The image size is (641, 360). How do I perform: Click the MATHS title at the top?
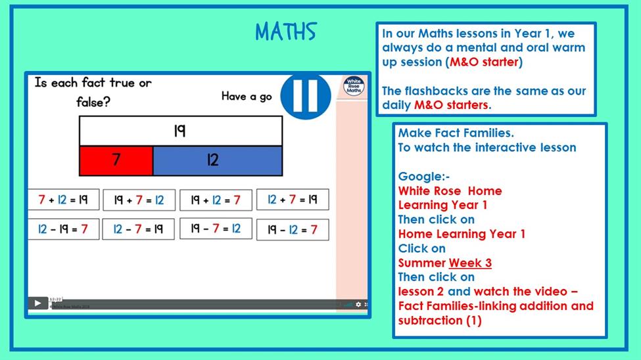tap(286, 32)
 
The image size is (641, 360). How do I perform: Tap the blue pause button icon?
tap(305, 97)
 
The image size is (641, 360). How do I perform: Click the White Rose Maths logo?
tap(354, 86)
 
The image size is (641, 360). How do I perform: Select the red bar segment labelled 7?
tap(116, 160)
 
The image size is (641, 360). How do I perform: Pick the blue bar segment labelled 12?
tap(218, 160)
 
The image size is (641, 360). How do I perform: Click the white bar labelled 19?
tap(181, 131)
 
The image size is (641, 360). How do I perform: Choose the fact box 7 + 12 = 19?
tap(63, 200)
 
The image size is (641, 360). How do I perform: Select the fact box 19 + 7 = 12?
tap(139, 200)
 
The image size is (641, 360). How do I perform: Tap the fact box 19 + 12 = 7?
tap(216, 200)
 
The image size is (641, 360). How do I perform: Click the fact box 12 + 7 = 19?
tap(293, 200)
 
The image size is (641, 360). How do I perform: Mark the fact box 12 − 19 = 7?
tap(63, 229)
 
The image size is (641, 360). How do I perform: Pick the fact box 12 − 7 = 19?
tap(138, 229)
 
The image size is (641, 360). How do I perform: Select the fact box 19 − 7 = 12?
tap(216, 229)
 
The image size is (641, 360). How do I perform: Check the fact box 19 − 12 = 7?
tap(293, 230)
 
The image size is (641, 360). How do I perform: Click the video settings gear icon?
tap(358, 304)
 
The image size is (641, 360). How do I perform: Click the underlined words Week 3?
tap(470, 263)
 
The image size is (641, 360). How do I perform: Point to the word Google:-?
tap(424, 177)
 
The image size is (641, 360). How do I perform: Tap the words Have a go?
tap(247, 97)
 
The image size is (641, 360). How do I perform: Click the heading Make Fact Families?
tap(456, 133)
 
